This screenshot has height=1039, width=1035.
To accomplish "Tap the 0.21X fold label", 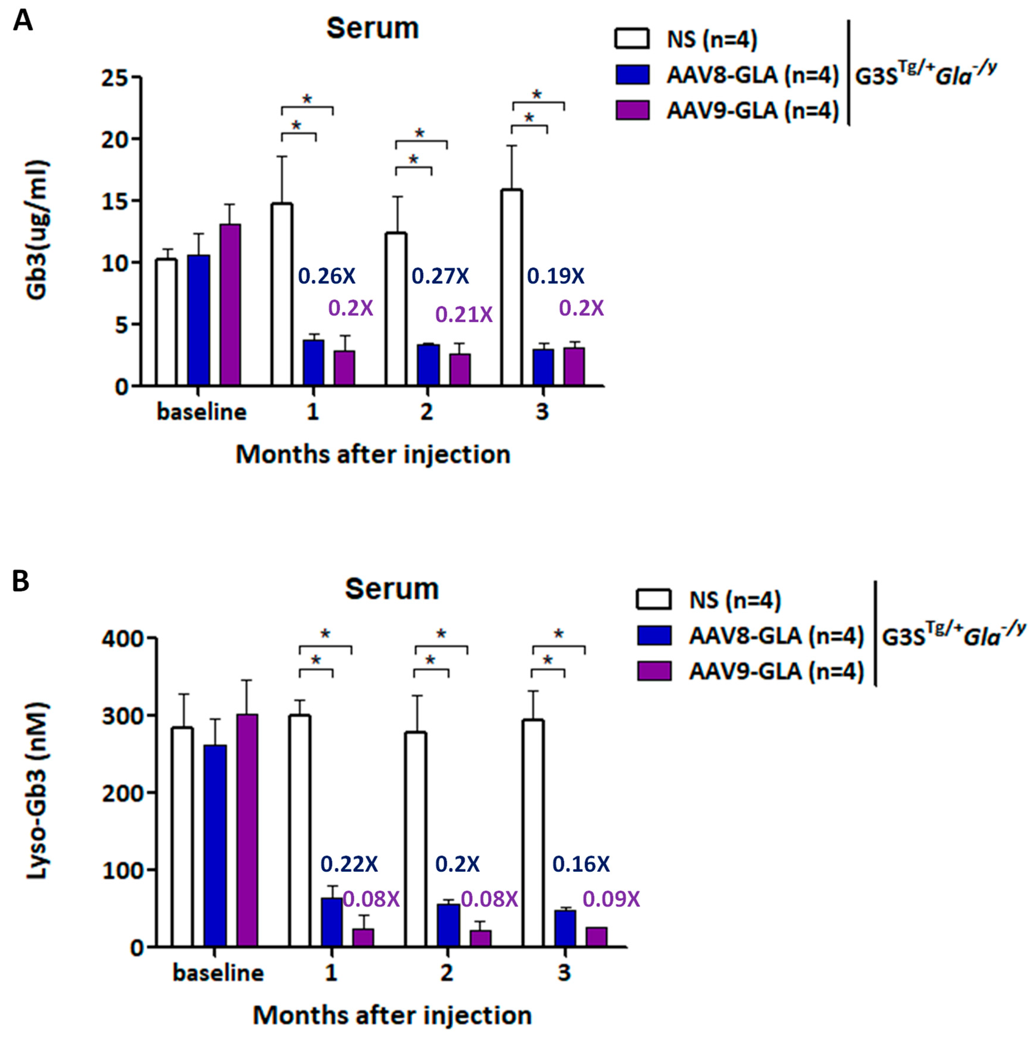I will pos(463,315).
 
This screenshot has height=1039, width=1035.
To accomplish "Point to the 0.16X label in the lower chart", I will pos(581,864).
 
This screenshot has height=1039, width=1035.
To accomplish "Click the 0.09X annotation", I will pos(611,899).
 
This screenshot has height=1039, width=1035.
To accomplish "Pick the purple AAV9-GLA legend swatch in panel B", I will pos(654,671).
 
